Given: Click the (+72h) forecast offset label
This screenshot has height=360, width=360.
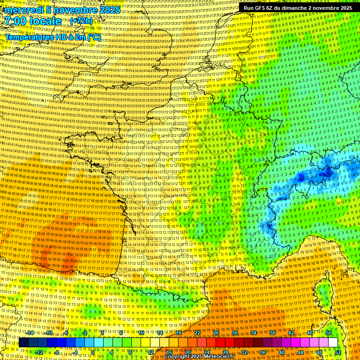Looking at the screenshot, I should point(81,21).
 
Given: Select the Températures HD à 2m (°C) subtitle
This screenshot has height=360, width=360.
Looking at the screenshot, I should point(52,37).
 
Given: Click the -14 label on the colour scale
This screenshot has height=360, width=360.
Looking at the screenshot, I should point(30,333).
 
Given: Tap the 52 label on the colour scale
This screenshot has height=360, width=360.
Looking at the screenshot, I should point(338,352).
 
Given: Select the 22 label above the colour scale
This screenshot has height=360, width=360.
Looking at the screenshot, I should point(197,333).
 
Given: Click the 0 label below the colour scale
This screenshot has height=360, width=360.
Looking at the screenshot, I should point(93,352).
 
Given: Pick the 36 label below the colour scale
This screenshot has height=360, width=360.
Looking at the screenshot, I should point(263,352).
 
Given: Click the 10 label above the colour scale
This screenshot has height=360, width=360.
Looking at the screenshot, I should point(141,333).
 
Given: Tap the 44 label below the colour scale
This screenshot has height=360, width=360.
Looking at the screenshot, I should point(300,352).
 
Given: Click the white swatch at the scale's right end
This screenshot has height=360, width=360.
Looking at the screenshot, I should point(333,343).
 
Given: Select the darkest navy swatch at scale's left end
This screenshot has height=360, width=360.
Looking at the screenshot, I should point(23,343).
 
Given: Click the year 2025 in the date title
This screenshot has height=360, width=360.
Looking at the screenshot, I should point(108,10).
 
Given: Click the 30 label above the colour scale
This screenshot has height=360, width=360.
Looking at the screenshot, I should point(235,333).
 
